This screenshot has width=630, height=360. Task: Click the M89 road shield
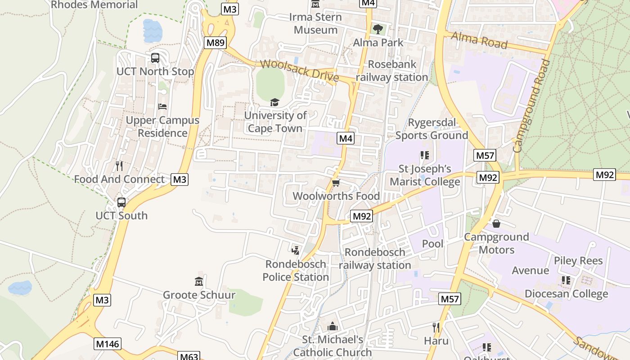(215, 43)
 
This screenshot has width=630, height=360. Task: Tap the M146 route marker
(108, 344)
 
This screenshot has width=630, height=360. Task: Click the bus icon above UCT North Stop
(155, 58)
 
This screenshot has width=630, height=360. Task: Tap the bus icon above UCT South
(121, 202)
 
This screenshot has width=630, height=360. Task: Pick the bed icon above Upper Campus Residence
(162, 107)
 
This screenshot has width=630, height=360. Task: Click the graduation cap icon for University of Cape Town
(274, 102)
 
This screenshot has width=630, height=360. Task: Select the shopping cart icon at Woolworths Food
(336, 183)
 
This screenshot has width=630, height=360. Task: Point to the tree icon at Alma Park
(378, 29)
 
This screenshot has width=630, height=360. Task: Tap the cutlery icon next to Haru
(436, 327)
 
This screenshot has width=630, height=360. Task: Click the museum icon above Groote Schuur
(199, 282)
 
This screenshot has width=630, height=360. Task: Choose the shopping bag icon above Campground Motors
(496, 223)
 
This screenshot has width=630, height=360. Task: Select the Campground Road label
(532, 106)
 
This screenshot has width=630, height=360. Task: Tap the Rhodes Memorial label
(94, 5)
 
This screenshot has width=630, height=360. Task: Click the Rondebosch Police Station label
(296, 270)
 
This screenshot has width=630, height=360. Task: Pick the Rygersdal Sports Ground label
(432, 129)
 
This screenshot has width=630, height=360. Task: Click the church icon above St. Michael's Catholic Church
(333, 326)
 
